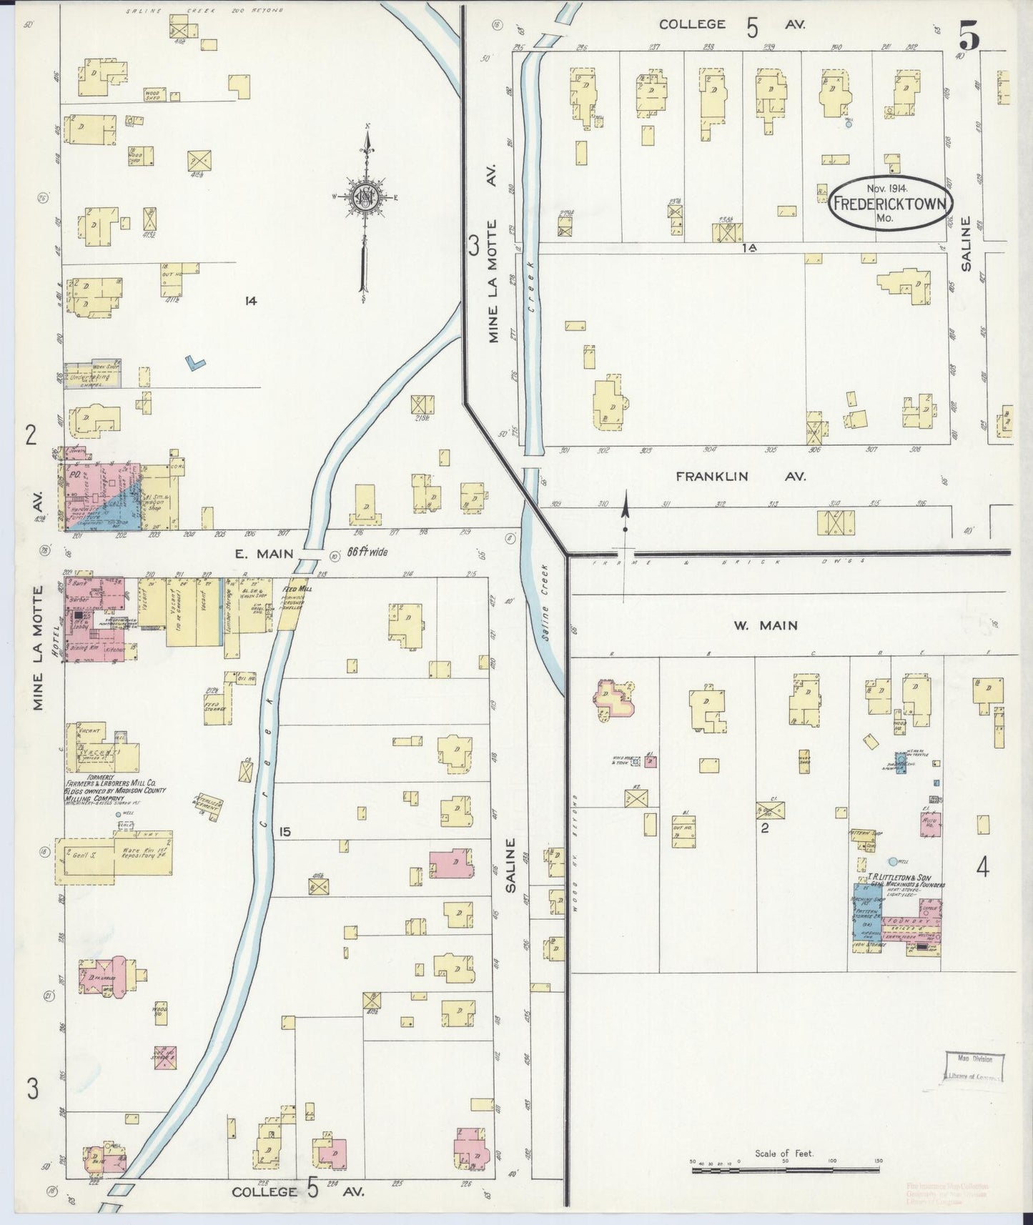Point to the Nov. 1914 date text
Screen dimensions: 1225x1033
[886, 189]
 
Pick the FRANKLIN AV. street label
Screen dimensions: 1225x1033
[741, 476]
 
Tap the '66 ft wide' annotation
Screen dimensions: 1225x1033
[367, 552]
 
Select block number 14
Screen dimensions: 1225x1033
[249, 302]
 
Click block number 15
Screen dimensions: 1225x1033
[285, 832]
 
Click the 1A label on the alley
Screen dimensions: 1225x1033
[748, 247]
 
